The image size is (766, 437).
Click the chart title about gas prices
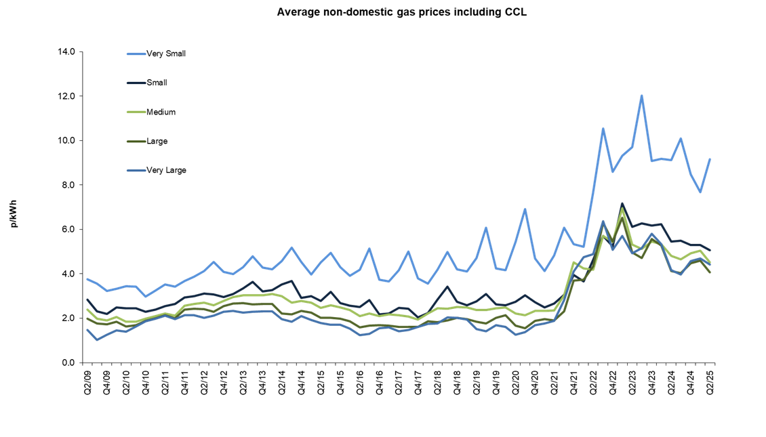point(401,12)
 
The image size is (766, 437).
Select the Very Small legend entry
point(165,54)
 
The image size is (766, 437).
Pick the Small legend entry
point(157,83)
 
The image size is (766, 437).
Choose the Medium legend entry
point(161,112)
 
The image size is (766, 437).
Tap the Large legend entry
point(157,141)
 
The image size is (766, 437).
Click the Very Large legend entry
point(165,170)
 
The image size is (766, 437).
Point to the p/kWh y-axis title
point(15,212)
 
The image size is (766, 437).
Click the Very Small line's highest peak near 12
point(641,96)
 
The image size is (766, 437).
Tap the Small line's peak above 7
point(622,203)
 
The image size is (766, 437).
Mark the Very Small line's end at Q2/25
point(710,159)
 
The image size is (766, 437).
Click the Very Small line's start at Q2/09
point(87,279)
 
